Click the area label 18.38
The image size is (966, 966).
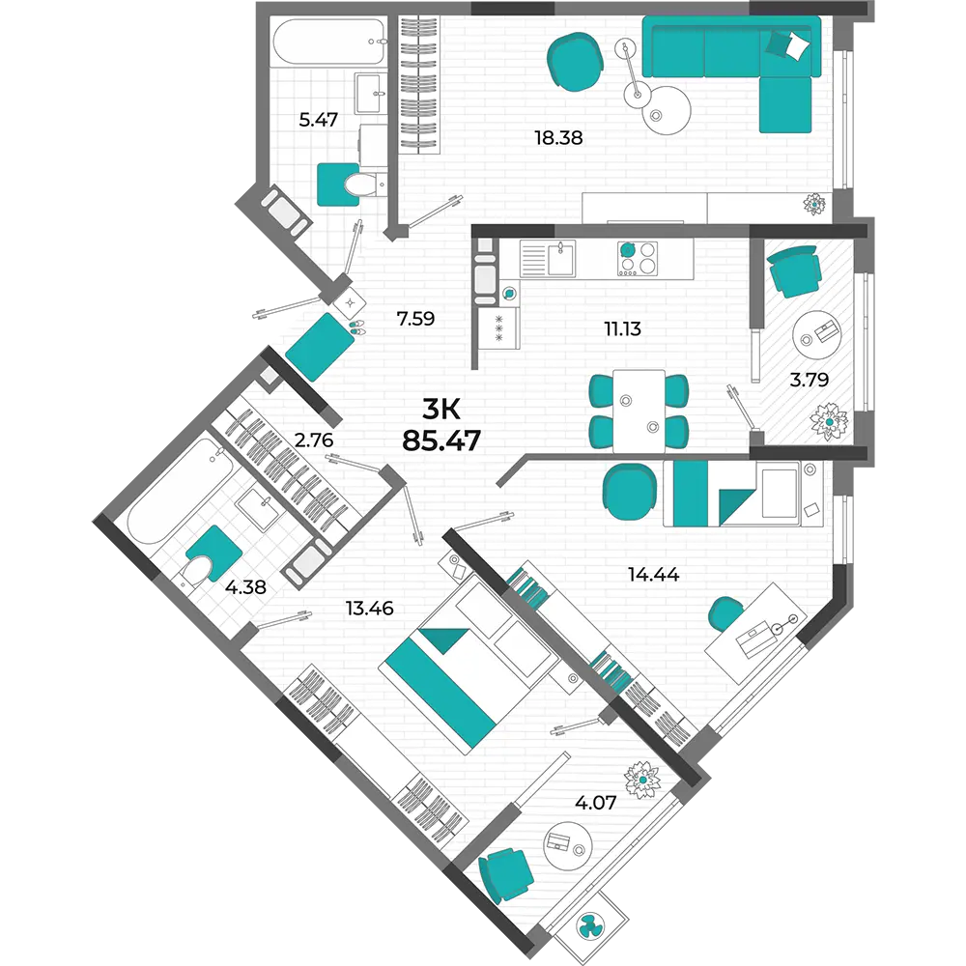coord(558,137)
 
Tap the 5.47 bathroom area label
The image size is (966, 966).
coord(318,120)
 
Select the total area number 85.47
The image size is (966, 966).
coord(441,440)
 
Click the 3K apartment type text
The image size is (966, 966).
coord(441,409)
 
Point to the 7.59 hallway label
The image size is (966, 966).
coord(415,319)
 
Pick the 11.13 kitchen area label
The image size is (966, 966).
coord(622,329)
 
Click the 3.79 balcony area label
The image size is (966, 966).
coord(809,380)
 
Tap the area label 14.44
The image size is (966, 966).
coord(653,574)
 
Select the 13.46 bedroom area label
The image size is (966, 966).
coord(369,609)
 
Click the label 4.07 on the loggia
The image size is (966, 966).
coord(595,803)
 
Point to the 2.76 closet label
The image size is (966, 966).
coord(314,440)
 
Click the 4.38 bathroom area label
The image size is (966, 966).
coord(245,587)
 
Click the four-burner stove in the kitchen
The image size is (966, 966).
coord(638,258)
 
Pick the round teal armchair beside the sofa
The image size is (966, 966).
coord(575,62)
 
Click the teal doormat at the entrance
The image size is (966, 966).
coord(321,347)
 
